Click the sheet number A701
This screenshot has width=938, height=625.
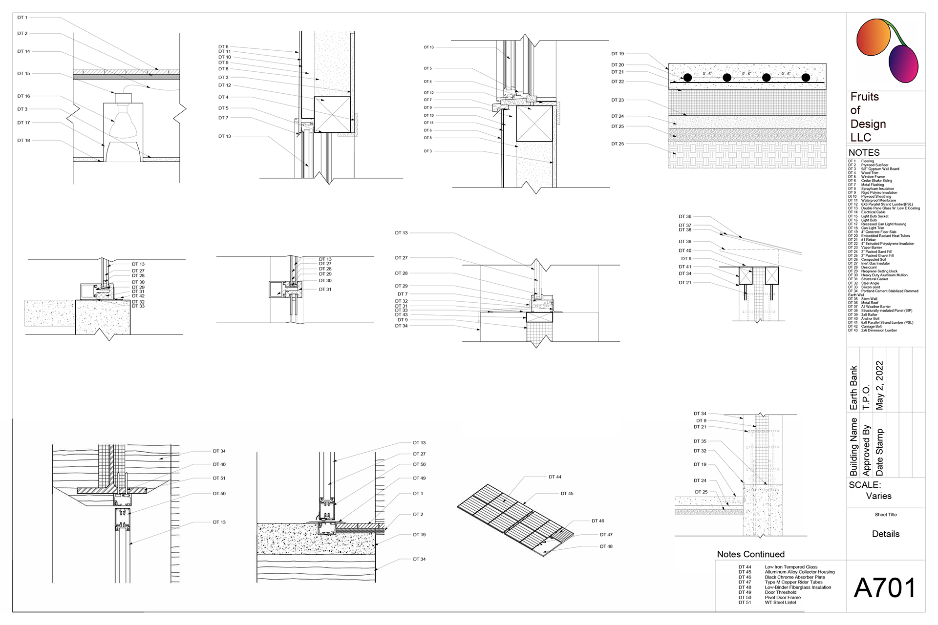[885, 588]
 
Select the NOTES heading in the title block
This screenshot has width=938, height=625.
[864, 152]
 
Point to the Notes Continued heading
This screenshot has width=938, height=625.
[750, 554]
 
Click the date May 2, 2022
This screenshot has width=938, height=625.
[879, 385]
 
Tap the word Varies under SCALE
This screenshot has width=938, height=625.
[878, 496]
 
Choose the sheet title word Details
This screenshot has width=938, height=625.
[885, 534]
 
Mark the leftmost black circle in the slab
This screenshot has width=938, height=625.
[687, 78]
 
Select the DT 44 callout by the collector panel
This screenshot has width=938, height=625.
[554, 477]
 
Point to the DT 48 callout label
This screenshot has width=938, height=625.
[606, 546]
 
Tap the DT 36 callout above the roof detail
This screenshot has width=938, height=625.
[685, 216]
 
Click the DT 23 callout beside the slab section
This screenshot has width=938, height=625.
[618, 100]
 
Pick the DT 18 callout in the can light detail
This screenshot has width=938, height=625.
[23, 140]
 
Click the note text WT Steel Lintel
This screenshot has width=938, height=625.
[780, 603]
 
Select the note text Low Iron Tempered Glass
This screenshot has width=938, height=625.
[791, 567]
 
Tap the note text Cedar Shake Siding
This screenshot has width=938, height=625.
[876, 181]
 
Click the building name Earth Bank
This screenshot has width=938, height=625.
[853, 388]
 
